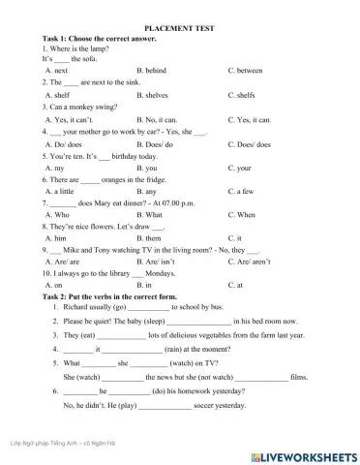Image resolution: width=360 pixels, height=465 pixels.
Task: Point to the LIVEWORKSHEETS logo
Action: [x=307, y=453]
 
